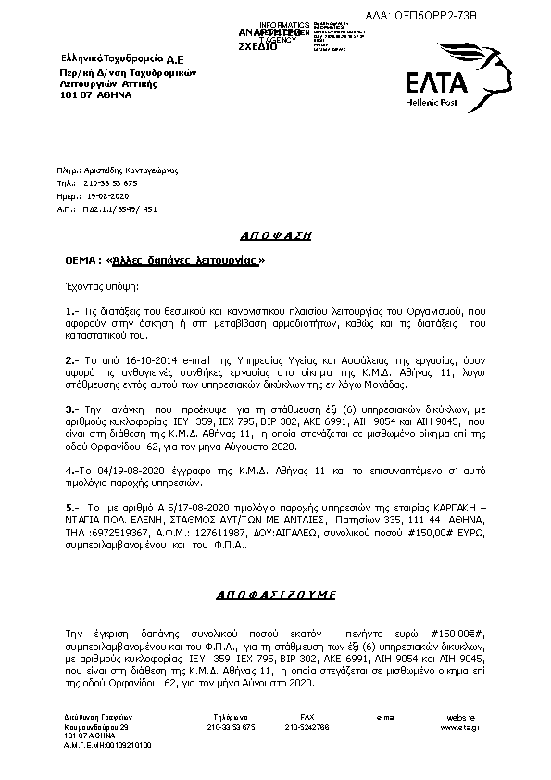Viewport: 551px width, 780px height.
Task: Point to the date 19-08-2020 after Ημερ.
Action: [107, 197]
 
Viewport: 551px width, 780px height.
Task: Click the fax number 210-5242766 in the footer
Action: [307, 728]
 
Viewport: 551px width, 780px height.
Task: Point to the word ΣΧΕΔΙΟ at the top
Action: [257, 46]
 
